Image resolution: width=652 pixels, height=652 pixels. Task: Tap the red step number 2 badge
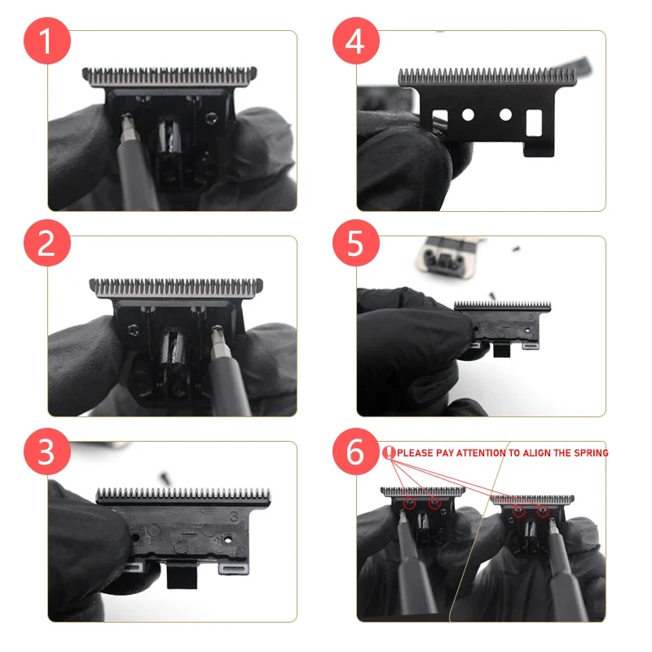pyautogui.click(x=46, y=243)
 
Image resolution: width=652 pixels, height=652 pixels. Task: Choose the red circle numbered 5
pyautogui.click(x=355, y=243)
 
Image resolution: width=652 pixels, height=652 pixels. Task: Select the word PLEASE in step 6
pyautogui.click(x=416, y=452)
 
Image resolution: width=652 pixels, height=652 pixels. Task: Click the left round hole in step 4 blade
pyautogui.click(x=468, y=115)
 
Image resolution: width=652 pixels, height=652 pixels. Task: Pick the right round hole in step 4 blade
pyautogui.click(x=505, y=115)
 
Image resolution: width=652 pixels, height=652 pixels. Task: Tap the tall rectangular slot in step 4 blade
pyautogui.click(x=535, y=122)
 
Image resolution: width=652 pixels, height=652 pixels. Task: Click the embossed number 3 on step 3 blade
pyautogui.click(x=234, y=516)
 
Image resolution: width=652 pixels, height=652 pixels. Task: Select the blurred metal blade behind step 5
pyautogui.click(x=443, y=253)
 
